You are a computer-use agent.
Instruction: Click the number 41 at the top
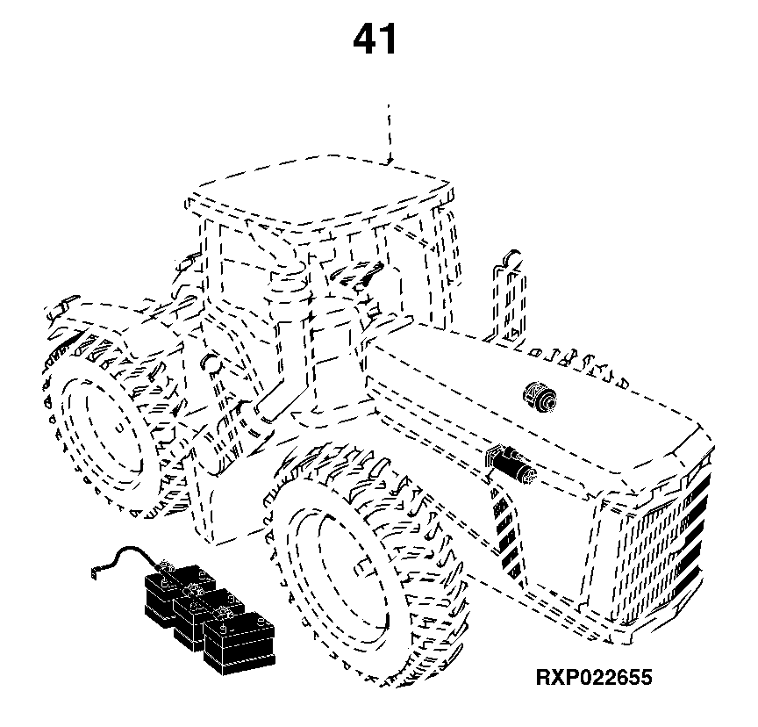point(375,39)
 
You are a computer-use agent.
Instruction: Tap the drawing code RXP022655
point(594,677)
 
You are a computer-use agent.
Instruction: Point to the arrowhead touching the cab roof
point(390,160)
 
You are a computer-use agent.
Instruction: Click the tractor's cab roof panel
point(319,191)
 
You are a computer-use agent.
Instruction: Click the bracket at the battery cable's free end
point(95,572)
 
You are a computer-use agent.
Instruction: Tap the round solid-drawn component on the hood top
point(540,398)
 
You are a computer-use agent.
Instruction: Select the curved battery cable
point(128,557)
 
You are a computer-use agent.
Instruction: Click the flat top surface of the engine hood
point(532,411)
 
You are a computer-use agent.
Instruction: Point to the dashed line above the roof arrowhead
point(390,130)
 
